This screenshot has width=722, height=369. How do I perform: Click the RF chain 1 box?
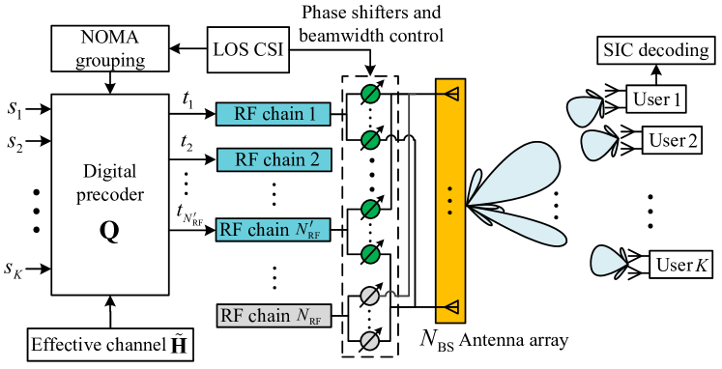pos(273,114)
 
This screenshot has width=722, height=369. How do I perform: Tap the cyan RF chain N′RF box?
pos(274,230)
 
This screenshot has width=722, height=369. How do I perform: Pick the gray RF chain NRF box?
pos(274,315)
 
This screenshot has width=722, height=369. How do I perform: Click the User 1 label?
pos(657,99)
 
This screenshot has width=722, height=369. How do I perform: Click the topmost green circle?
pos(370,94)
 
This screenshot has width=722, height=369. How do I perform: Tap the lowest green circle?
pos(370,254)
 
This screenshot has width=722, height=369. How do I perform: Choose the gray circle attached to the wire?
pos(370,297)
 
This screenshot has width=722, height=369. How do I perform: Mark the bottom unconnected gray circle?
pos(370,340)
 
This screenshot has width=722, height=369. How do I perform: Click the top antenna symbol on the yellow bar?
pos(449,94)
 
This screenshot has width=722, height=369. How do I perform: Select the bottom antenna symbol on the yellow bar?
pos(449,307)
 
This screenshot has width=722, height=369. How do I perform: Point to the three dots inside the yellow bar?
pos(450,199)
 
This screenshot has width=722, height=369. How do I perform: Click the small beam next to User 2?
pos(596,145)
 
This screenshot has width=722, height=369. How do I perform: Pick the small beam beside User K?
pos(608,262)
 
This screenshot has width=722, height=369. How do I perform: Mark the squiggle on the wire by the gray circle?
pos(392,294)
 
